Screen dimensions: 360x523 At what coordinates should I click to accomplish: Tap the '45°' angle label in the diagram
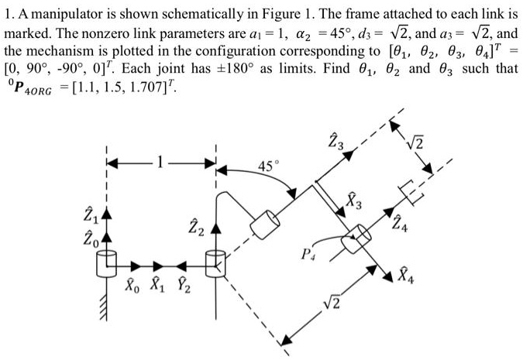pos(266,166)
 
